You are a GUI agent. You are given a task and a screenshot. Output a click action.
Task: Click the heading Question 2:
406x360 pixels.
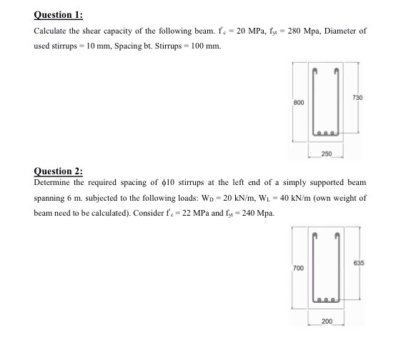(58, 171)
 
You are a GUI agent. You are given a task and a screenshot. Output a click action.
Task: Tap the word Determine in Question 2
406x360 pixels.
(56, 182)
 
